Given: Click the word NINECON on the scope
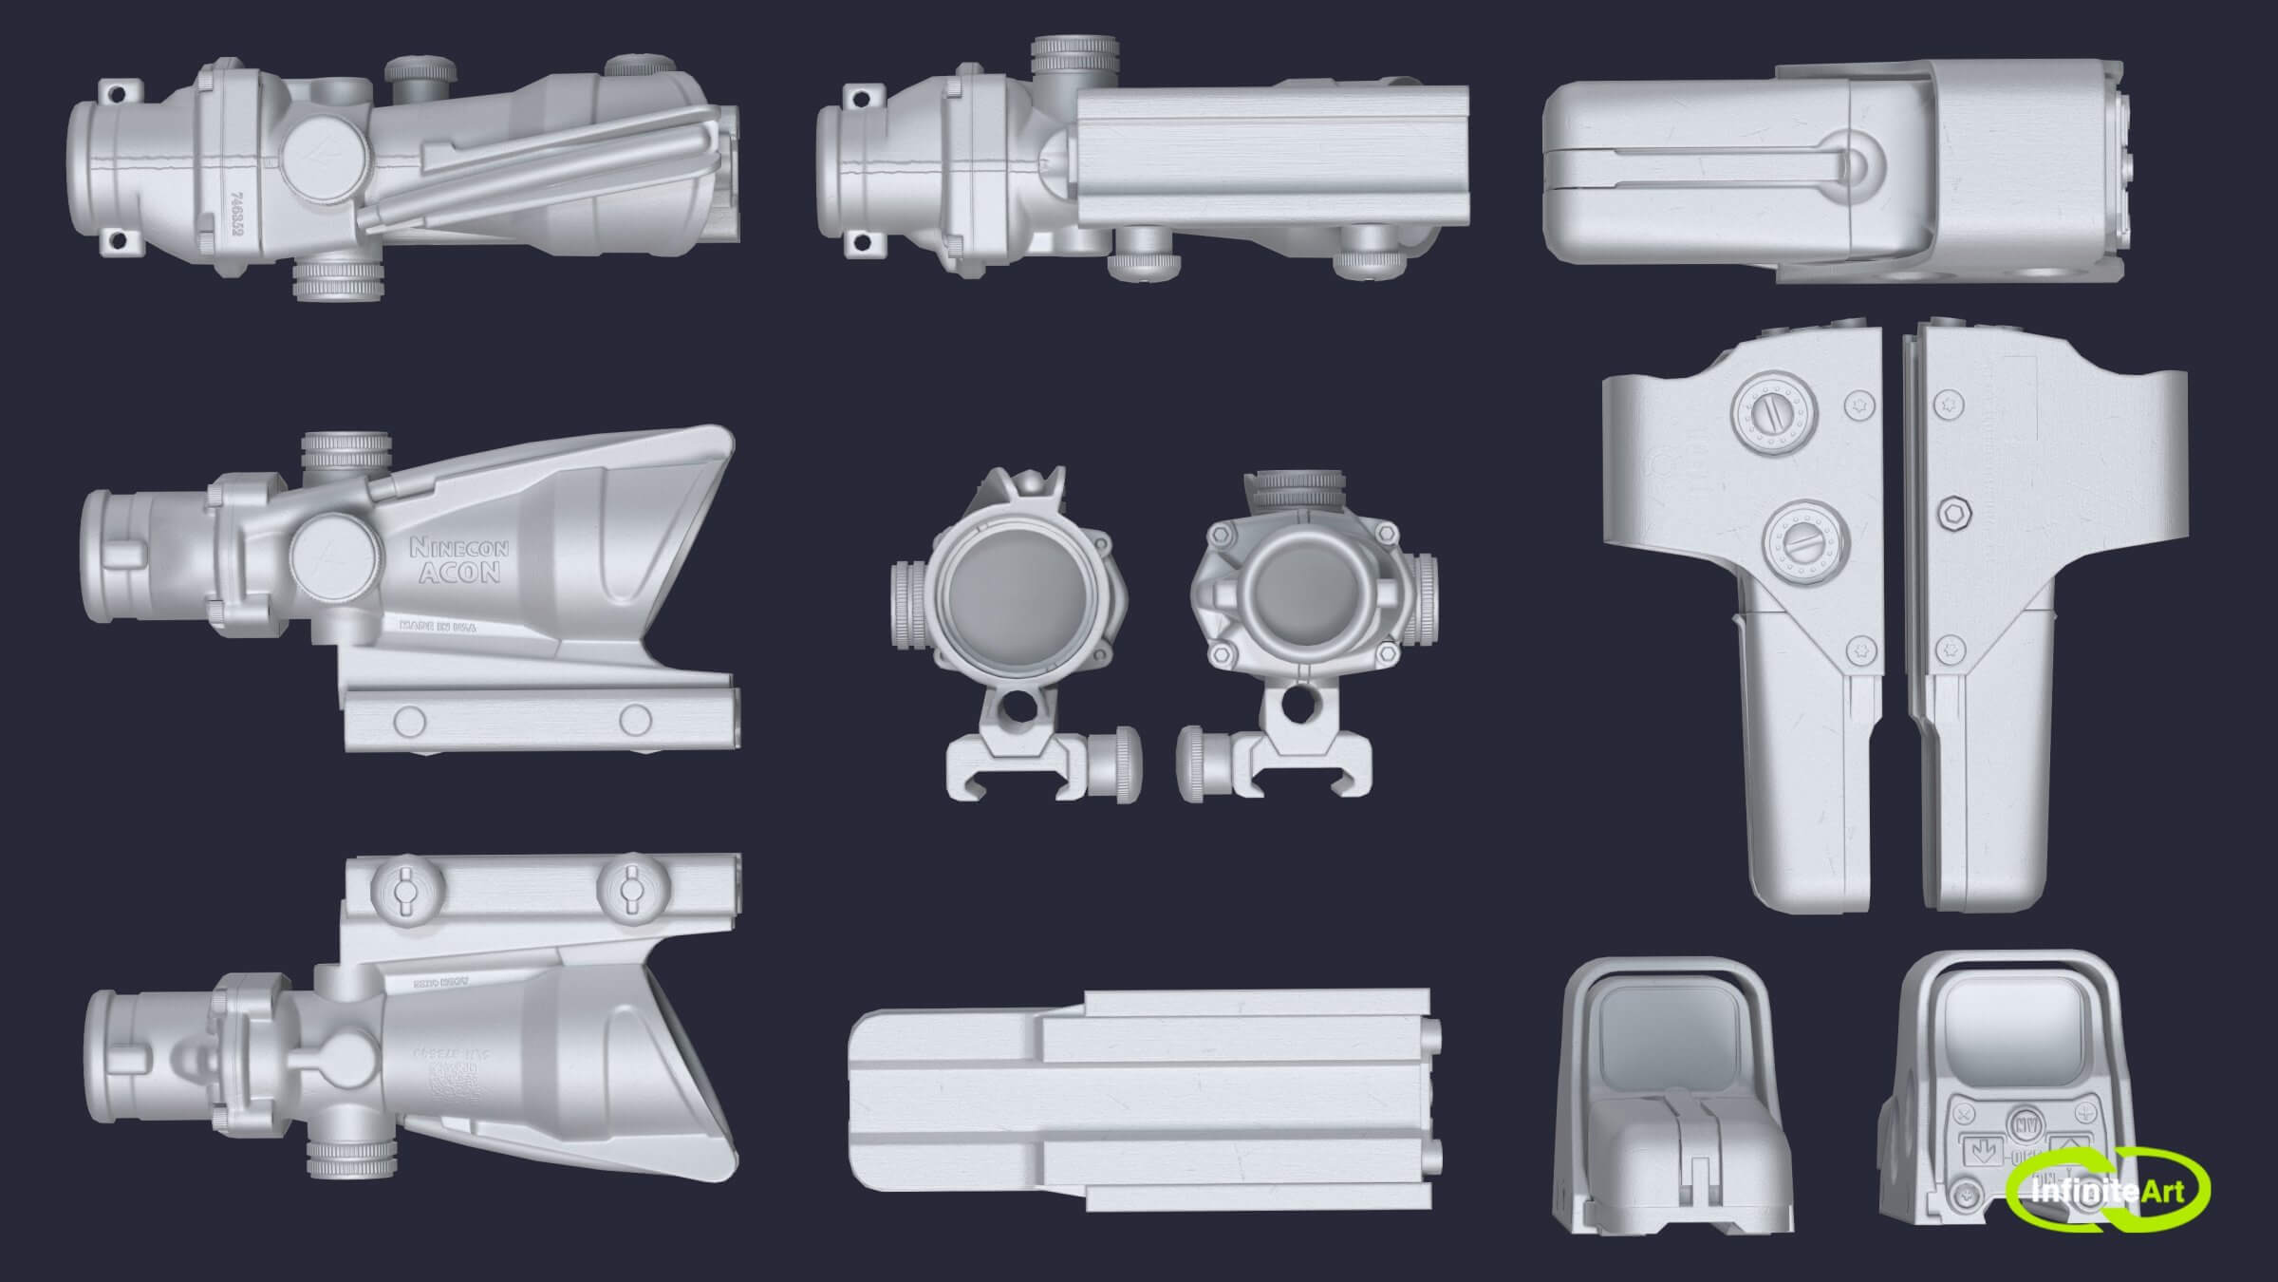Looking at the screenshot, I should (x=458, y=548).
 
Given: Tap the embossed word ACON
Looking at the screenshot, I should (x=459, y=572).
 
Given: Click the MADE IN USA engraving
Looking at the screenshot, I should (x=438, y=626).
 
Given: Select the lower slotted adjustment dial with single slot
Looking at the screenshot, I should (x=1805, y=543).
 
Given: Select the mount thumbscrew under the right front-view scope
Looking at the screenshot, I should (x=1205, y=764).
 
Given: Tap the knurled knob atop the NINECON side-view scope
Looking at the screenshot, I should (x=345, y=453).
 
